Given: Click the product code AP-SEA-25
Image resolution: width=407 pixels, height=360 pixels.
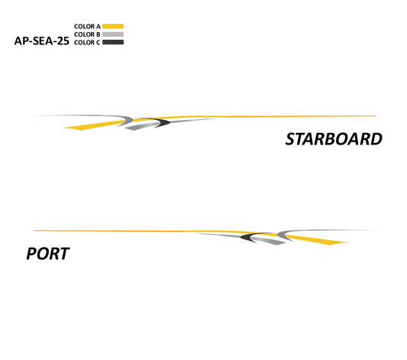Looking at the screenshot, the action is click(x=41, y=41).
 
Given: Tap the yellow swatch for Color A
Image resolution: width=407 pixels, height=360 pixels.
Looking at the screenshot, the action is click(x=113, y=26).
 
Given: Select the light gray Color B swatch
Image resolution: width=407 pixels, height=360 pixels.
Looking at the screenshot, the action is click(x=113, y=34).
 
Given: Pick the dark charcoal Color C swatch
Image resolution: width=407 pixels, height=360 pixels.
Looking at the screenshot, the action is click(x=113, y=42).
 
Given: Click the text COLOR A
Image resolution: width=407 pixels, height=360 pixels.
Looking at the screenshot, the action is click(x=87, y=26).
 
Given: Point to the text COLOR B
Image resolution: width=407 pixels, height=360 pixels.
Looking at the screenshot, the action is click(x=87, y=34).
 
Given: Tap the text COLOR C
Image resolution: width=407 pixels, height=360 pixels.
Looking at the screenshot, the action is click(x=87, y=42).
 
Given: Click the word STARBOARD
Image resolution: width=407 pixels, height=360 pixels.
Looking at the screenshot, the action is click(x=334, y=139).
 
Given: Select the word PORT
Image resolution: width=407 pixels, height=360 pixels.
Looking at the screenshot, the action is click(x=48, y=254).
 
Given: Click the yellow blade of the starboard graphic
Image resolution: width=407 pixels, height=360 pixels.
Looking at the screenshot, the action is click(x=93, y=125).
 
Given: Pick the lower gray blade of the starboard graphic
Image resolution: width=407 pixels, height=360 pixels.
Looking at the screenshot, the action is click(x=141, y=126).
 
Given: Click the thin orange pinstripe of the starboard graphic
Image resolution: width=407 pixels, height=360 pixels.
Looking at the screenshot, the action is click(x=299, y=116).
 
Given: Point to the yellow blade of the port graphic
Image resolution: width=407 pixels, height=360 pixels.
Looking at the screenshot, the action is click(x=317, y=240).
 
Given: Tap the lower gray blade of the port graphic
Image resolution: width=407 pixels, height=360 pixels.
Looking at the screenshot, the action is click(x=269, y=241).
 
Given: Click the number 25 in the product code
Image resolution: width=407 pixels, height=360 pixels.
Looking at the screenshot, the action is click(x=63, y=41).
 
